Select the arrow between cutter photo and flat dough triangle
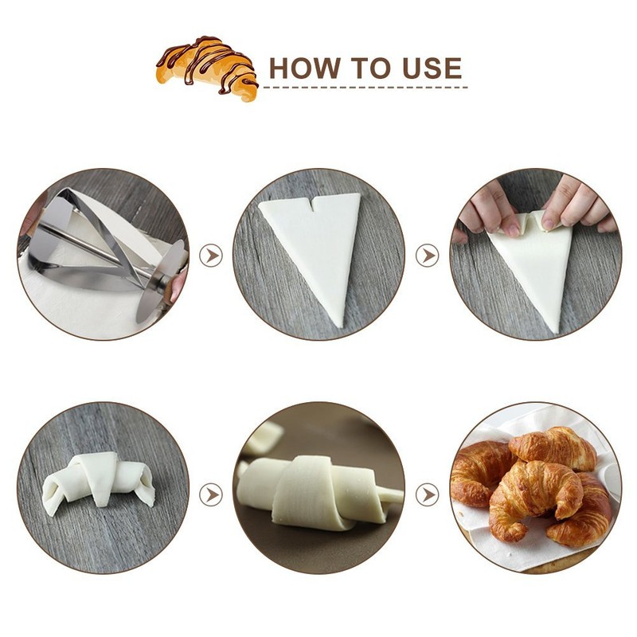coord(211,256)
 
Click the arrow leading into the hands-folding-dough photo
coord(428,256)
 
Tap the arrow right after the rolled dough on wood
coord(211,494)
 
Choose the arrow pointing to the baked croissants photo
coord(428,494)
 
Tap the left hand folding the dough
coord(487,209)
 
